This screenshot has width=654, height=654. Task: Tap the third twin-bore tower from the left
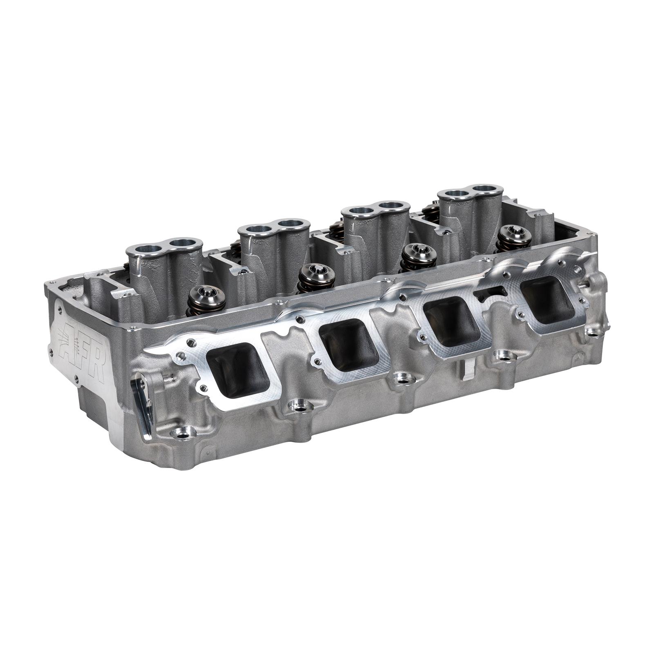(x=375, y=221)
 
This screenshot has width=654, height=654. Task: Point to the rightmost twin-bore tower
(x=470, y=204)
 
